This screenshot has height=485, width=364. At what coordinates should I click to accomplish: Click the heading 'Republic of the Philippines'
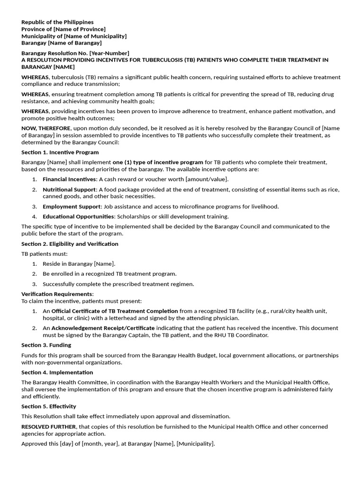57,22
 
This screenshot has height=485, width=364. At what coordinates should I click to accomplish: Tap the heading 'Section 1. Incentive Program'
60,153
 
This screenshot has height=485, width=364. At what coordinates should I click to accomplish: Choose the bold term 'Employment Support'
72,207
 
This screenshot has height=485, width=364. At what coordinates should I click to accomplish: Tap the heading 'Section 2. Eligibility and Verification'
70,244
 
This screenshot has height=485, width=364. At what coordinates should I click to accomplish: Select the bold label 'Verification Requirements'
57,294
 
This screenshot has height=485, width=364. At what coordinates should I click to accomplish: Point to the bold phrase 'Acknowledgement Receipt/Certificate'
103,328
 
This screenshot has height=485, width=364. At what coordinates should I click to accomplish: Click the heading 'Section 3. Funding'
46,345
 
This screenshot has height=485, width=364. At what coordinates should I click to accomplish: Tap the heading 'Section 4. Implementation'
57,372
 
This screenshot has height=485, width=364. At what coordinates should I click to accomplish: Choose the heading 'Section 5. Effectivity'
49,406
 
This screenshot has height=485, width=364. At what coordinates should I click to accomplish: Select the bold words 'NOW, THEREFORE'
45,128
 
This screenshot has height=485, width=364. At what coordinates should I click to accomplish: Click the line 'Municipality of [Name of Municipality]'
74,36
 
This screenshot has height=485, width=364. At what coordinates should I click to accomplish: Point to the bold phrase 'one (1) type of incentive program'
158,162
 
